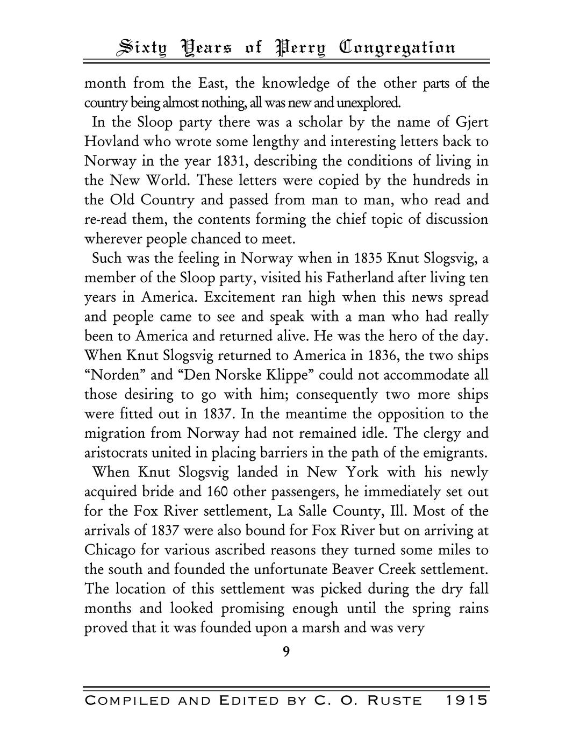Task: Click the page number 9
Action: point(286,652)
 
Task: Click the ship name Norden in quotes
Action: point(116,375)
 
